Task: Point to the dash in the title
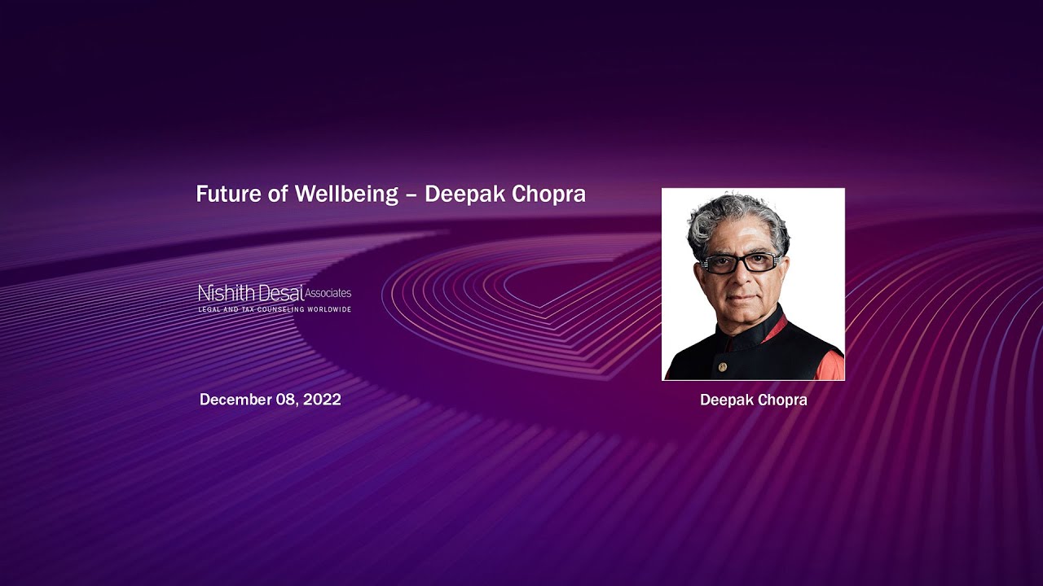[x=411, y=195]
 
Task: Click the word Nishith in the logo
[x=226, y=293]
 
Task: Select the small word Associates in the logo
[x=328, y=292]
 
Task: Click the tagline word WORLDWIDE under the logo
[x=329, y=310]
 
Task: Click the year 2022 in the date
[x=322, y=400]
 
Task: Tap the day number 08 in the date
[x=286, y=400]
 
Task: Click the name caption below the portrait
[x=753, y=400]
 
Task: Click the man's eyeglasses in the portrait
[x=741, y=264]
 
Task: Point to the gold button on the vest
[x=722, y=367]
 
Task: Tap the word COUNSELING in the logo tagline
[x=276, y=310]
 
